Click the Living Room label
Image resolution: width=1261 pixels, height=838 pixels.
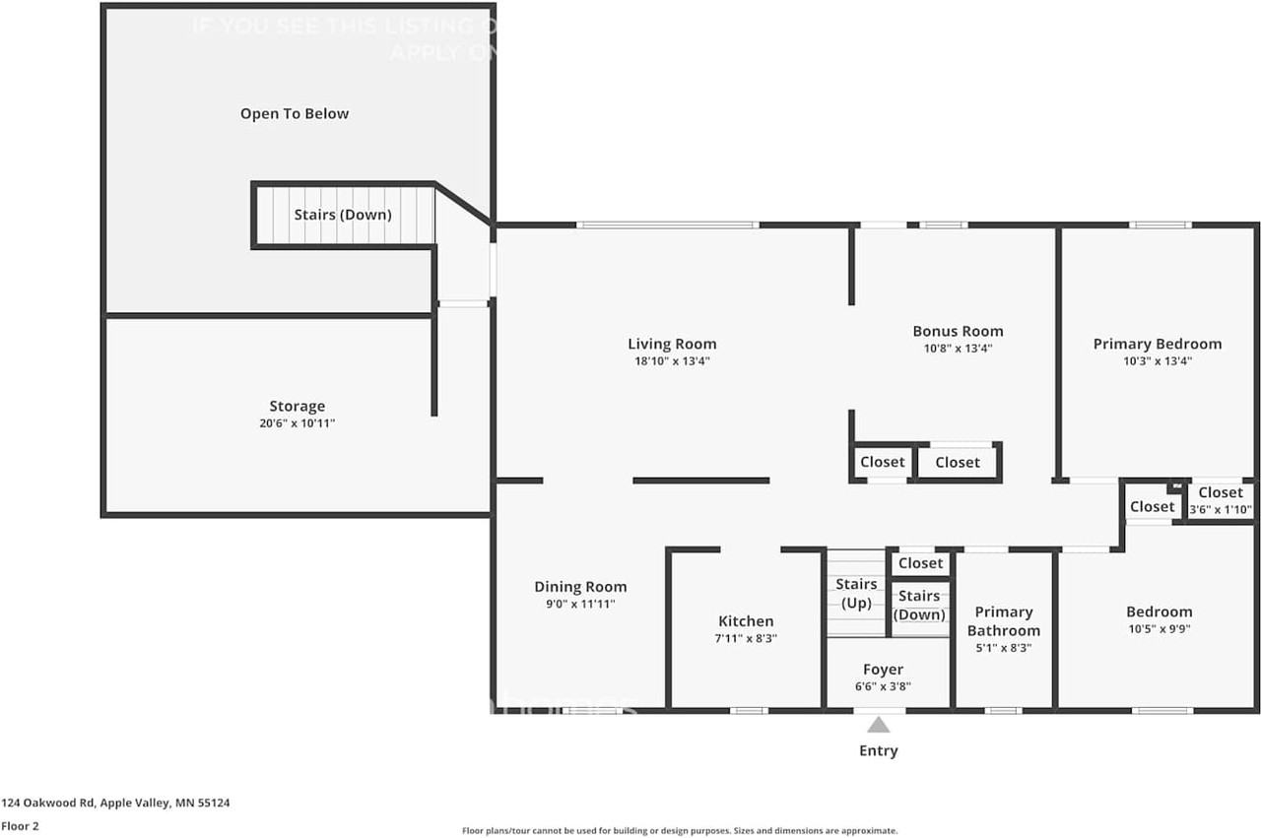(672, 344)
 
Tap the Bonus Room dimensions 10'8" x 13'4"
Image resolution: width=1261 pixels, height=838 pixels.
(958, 349)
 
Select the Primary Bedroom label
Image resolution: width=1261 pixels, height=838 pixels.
(1157, 344)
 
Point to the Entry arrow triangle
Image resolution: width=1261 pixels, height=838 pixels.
(878, 726)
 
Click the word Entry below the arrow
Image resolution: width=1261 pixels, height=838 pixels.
(878, 751)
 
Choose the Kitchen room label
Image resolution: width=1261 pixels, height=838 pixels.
(746, 621)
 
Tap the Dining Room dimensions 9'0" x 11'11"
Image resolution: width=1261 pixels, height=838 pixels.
(580, 605)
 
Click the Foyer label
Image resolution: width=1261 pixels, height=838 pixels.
(883, 670)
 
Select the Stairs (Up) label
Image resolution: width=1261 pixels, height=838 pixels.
(856, 594)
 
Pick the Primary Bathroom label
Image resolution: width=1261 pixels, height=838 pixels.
(1003, 621)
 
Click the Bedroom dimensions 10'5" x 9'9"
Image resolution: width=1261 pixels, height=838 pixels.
(1159, 629)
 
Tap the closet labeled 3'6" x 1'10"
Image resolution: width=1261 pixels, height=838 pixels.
(1221, 501)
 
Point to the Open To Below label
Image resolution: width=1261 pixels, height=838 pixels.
(295, 114)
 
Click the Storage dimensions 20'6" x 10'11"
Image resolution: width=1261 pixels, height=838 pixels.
(297, 423)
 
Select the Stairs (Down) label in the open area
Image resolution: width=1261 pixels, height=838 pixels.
(343, 215)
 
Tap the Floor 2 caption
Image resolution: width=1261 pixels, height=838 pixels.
(20, 826)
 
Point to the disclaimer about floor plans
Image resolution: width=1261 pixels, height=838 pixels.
(680, 831)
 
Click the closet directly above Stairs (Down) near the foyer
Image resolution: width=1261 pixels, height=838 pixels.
(920, 563)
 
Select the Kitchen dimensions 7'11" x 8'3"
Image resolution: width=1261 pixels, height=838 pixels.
(746, 638)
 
